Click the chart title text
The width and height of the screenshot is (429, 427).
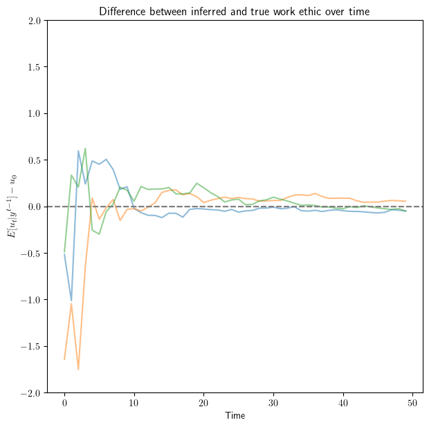(x=235, y=11)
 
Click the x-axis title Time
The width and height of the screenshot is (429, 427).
(x=235, y=416)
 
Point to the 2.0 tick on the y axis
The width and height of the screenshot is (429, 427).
(x=35, y=21)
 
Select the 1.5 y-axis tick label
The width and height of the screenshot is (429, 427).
(x=35, y=67)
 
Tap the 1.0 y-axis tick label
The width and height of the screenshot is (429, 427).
(x=35, y=113)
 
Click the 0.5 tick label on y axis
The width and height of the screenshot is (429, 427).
(x=35, y=160)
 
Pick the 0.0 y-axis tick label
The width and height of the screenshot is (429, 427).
(x=35, y=207)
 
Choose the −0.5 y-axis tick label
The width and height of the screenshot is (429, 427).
(x=31, y=253)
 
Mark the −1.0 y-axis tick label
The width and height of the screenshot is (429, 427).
(x=31, y=300)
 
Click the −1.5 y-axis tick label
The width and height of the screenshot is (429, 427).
(x=31, y=346)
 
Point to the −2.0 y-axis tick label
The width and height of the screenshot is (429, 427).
(x=31, y=392)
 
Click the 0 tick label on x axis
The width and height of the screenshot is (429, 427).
(x=64, y=402)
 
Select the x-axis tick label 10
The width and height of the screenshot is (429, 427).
(x=134, y=402)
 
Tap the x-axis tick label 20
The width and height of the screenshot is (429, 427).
(x=204, y=402)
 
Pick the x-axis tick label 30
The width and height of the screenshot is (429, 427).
(x=274, y=402)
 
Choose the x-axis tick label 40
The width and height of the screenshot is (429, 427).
(x=344, y=402)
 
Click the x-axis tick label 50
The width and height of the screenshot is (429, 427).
(x=414, y=402)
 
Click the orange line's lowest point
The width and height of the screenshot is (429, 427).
(x=78, y=370)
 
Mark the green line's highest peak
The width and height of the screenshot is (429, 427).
(x=85, y=149)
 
